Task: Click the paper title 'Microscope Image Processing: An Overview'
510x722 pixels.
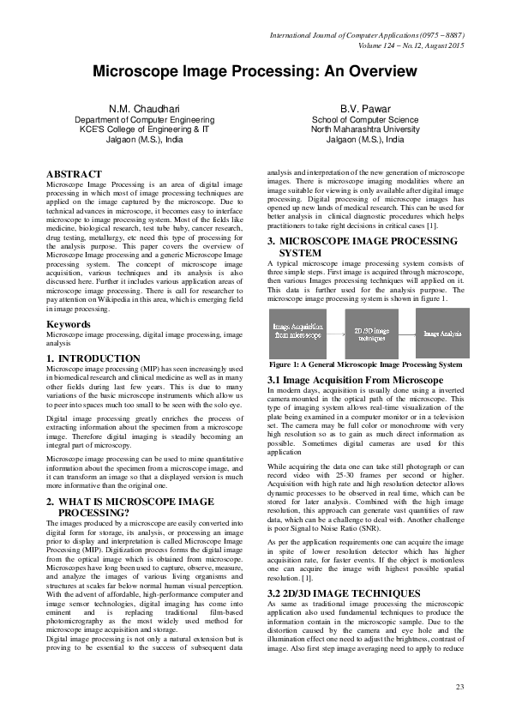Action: point(255,72)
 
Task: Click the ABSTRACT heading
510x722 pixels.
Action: point(75,174)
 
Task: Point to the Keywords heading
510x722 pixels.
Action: point(69,325)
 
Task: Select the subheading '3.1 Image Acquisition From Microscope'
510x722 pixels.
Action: point(355,379)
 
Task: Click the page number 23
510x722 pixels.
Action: point(459,688)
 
